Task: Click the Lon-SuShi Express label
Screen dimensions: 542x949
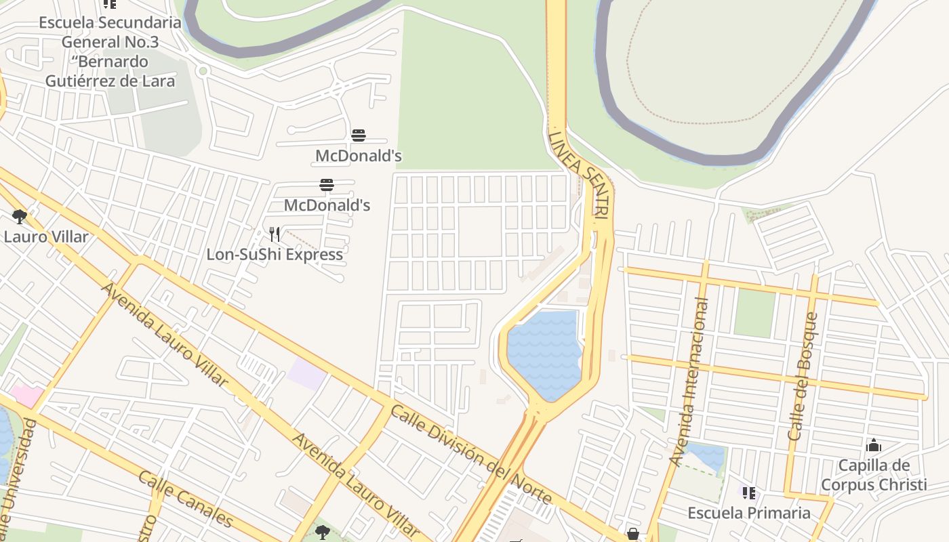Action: [x=275, y=255]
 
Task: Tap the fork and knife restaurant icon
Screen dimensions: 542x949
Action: [x=275, y=234]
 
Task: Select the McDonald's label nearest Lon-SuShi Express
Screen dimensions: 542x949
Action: [x=327, y=205]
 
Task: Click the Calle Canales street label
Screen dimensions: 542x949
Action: [x=185, y=499]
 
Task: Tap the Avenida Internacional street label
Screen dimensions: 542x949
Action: [x=688, y=382]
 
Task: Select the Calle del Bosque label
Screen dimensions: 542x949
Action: [x=803, y=376]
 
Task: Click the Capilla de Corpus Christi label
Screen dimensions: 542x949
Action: [x=873, y=475]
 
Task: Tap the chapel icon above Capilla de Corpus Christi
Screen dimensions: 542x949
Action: [x=874, y=445]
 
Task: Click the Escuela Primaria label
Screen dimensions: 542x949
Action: [x=748, y=512]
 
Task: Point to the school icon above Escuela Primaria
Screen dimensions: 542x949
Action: [x=748, y=493]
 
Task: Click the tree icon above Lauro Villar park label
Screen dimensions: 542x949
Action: [x=20, y=217]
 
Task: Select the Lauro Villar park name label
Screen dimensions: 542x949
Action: [x=46, y=237]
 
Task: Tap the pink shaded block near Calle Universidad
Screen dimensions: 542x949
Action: [x=26, y=396]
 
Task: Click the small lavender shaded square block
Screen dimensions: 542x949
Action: [x=306, y=374]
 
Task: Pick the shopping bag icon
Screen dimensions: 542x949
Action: [x=632, y=535]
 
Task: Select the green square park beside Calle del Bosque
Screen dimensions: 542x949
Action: [x=754, y=313]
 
